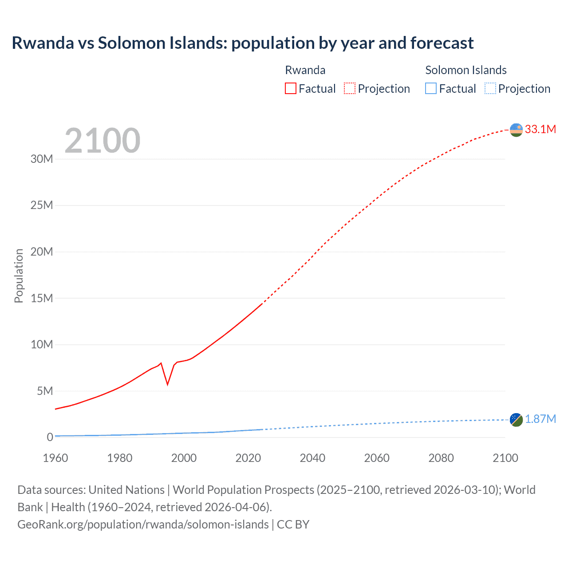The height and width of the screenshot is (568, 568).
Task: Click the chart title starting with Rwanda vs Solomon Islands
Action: point(242,43)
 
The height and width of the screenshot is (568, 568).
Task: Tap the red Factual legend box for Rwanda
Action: point(290,88)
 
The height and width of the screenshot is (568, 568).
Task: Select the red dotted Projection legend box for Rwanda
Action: point(349,88)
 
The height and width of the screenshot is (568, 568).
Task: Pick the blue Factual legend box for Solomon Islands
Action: point(430,88)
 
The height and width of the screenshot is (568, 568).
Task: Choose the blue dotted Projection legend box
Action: point(490,88)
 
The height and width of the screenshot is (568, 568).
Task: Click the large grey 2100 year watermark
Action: point(103,141)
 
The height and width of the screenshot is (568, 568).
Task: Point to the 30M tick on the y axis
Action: point(42,159)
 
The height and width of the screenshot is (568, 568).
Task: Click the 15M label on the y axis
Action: point(42,298)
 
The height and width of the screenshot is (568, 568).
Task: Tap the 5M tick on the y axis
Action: point(45,391)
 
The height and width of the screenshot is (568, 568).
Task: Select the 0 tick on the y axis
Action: point(50,437)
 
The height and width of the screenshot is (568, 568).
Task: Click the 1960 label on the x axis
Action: point(55,458)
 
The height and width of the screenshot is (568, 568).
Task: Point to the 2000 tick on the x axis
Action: point(184,458)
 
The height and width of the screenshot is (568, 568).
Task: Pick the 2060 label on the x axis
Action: point(377,458)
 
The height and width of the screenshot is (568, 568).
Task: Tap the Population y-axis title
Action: point(19,276)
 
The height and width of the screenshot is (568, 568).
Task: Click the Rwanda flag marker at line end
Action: point(516,130)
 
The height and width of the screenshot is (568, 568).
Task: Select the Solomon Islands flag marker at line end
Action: point(516,419)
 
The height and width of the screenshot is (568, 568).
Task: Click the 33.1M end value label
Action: point(540,129)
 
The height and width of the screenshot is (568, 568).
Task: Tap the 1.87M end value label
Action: point(540,419)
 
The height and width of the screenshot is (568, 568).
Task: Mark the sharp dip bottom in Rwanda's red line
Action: point(167,384)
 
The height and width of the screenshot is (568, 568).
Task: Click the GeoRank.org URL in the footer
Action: point(143,524)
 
